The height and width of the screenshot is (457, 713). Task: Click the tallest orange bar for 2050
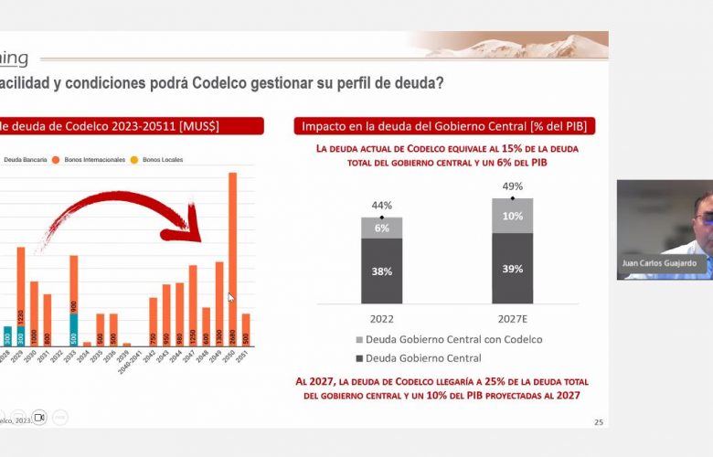pyautogui.click(x=232, y=256)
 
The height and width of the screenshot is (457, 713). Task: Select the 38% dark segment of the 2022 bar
pyautogui.click(x=381, y=271)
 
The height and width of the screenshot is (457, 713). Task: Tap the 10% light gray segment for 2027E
pyautogui.click(x=512, y=216)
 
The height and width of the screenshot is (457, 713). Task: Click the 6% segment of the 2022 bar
pyautogui.click(x=381, y=228)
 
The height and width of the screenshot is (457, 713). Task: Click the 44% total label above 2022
pyautogui.click(x=381, y=207)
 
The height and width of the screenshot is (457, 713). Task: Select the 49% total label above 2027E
pyautogui.click(x=512, y=187)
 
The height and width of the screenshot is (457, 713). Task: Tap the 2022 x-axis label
pyautogui.click(x=381, y=319)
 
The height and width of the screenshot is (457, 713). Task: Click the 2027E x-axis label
pyautogui.click(x=512, y=319)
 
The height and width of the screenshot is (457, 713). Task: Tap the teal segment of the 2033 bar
pyautogui.click(x=74, y=329)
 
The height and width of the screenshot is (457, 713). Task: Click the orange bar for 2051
pyautogui.click(x=245, y=329)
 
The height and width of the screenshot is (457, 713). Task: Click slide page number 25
pyautogui.click(x=599, y=421)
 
